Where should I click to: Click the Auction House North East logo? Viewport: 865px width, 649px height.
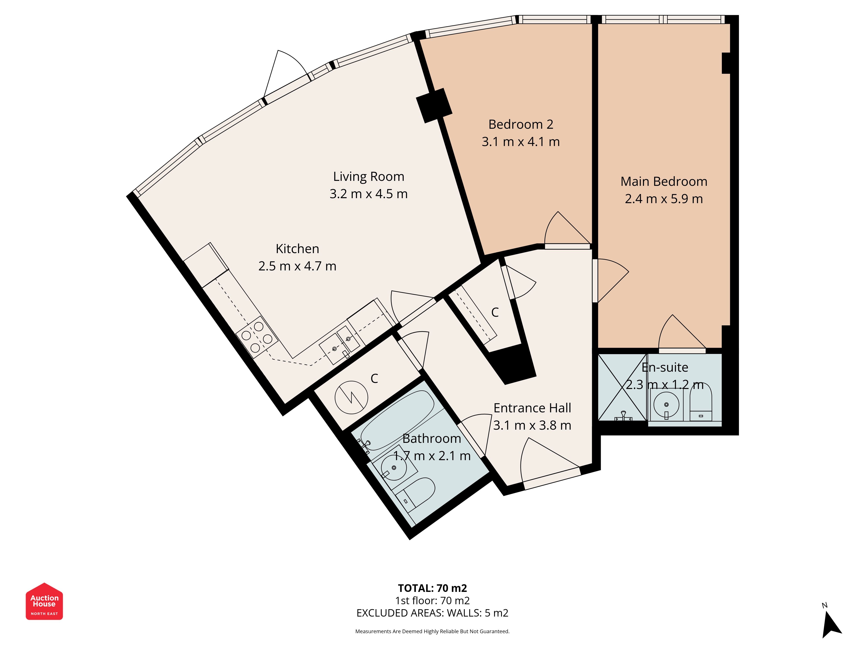(44, 601)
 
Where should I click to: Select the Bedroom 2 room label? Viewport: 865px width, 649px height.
(521, 124)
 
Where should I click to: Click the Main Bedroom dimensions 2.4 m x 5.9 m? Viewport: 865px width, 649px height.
(664, 199)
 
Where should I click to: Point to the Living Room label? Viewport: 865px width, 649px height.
(368, 177)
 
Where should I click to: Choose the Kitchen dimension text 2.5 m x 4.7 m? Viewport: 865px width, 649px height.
(297, 266)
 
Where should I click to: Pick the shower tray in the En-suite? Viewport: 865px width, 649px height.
(623, 387)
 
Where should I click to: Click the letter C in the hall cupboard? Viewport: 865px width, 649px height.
(495, 312)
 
